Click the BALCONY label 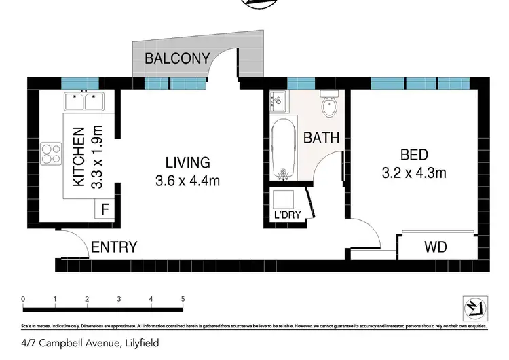pos(178,58)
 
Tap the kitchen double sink pos(85,102)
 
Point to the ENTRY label pos(114,247)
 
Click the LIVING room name pos(188,163)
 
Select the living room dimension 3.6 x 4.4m pos(188,181)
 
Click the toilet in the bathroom pos(329,104)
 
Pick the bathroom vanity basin pos(278,103)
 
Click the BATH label pos(321,138)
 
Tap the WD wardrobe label pos(436,247)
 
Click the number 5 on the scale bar pos(183,298)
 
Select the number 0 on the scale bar pos(23,298)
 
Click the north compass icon pos(472,308)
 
